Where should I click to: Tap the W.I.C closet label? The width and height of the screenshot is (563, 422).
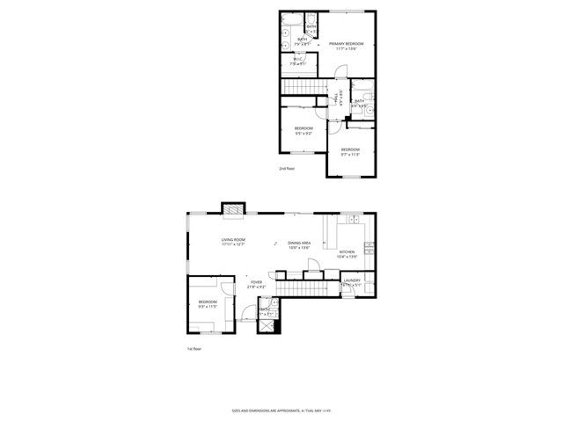[x=299, y=62]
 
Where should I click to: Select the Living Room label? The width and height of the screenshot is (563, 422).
[x=233, y=242]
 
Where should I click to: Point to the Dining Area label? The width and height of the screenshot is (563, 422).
[x=299, y=245]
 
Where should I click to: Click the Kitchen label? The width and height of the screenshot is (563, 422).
[x=347, y=254]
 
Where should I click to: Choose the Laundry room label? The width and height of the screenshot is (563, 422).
[x=351, y=283]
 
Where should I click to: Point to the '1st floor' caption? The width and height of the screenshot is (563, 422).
[x=194, y=349]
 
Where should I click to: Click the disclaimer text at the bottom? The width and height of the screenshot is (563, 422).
[x=281, y=411]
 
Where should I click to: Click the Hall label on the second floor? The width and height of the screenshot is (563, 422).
[x=334, y=98]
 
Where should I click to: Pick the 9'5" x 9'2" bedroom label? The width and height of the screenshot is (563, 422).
[x=303, y=131]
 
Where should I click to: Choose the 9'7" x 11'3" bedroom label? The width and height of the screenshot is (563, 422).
[x=350, y=151]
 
